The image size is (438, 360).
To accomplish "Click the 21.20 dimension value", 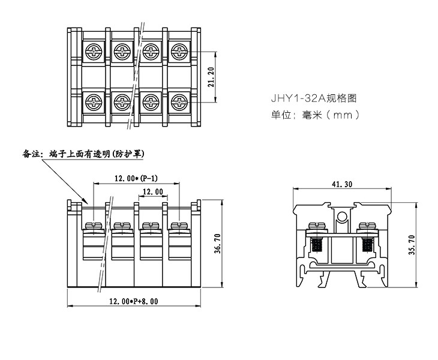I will coord(211,77).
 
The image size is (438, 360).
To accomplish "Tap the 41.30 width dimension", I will coord(341,185).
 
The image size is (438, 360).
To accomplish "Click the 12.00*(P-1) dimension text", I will coord(136,178).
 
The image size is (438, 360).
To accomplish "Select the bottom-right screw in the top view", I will coord(178,100).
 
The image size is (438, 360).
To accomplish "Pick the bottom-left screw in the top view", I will coord(94,100).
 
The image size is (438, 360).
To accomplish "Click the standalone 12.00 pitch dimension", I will coord(151,192).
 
